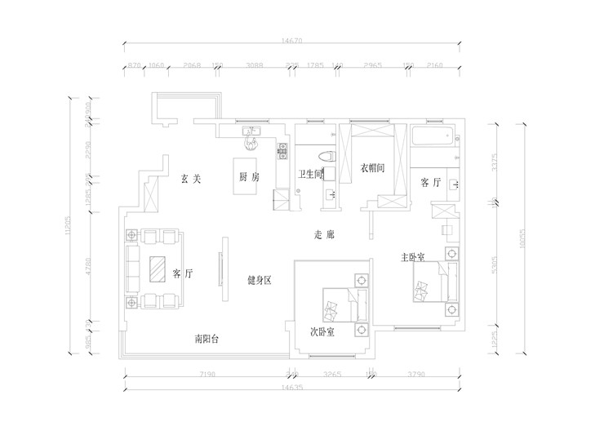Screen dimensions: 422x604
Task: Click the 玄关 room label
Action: (x=191, y=178)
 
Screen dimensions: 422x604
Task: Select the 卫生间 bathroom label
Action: (x=312, y=173)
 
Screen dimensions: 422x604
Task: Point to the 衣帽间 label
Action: (x=372, y=168)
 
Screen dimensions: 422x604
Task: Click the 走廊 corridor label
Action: (x=325, y=235)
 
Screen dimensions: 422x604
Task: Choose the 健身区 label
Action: (x=259, y=280)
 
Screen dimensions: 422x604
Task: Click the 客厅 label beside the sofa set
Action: (x=183, y=273)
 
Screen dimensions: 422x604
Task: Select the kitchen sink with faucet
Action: (x=250, y=135)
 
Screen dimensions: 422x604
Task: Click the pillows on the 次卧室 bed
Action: (x=332, y=309)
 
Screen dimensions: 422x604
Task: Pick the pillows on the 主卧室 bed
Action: (x=423, y=290)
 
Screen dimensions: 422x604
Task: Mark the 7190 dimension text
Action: (x=207, y=375)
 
